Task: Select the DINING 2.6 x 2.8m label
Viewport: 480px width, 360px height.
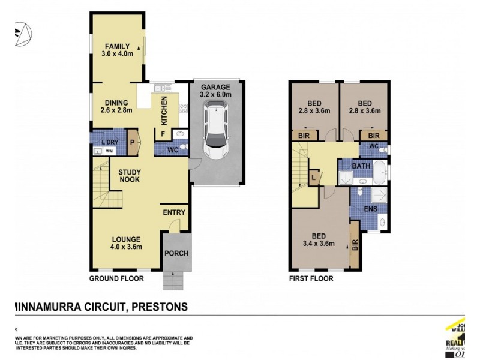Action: point(115,106)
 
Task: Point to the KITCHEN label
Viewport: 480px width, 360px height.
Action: point(163,110)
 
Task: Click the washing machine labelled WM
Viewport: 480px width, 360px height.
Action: point(109,151)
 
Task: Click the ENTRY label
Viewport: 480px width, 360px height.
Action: point(174,212)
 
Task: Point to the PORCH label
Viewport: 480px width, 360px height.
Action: point(176,253)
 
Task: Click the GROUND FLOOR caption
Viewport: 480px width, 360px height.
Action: point(116,279)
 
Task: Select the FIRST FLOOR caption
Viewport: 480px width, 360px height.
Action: point(311,279)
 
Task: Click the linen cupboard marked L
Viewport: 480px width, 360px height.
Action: point(313,177)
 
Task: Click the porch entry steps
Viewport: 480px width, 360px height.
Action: point(175,279)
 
